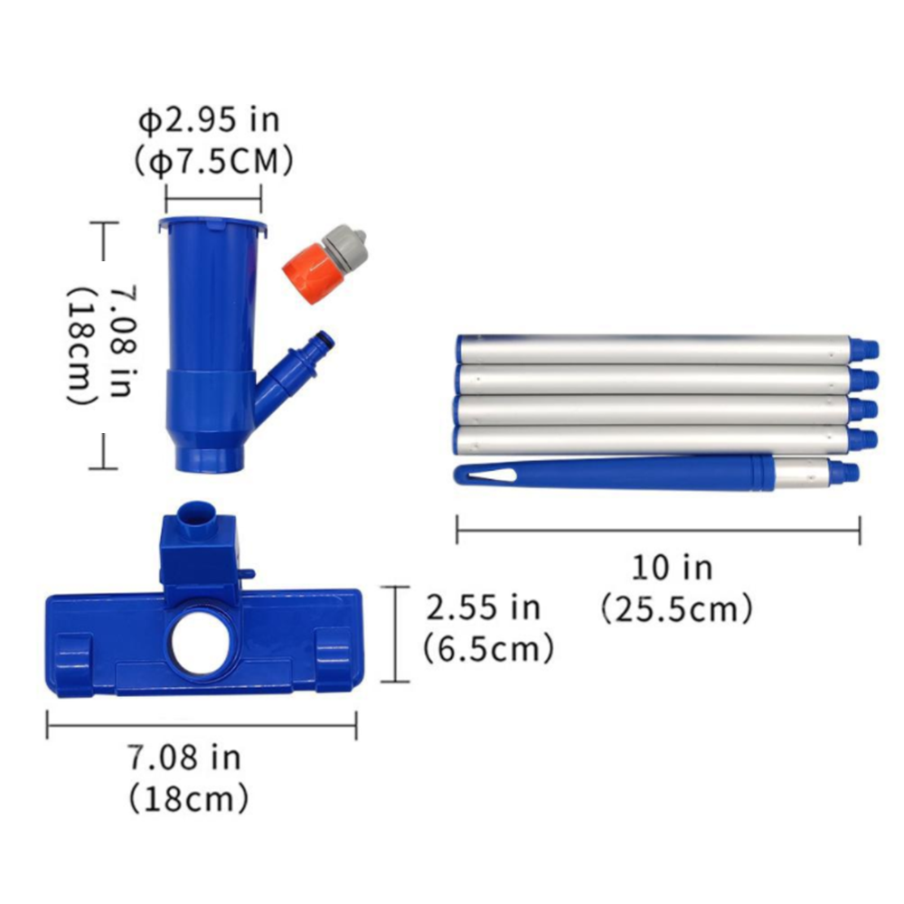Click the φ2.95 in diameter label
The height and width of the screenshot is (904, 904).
pos(210,120)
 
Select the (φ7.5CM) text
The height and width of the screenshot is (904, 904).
pos(214,162)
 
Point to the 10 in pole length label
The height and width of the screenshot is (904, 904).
pos(673,568)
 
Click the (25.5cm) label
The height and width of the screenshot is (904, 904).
pos(677,608)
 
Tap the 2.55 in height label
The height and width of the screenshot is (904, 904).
pos(483,607)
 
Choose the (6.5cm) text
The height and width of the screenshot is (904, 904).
pos(488,649)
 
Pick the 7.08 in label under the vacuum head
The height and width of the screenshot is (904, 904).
pos(184,758)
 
